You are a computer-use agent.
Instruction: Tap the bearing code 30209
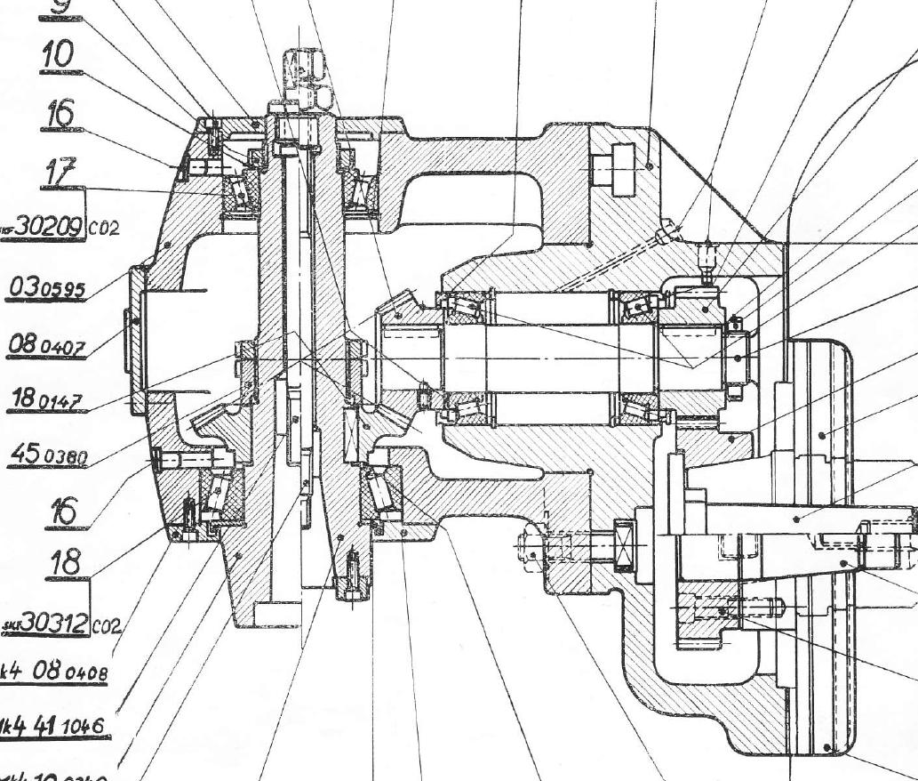(x=50, y=226)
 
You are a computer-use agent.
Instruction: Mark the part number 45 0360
(x=48, y=457)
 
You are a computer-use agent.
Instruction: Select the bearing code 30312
(x=52, y=624)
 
